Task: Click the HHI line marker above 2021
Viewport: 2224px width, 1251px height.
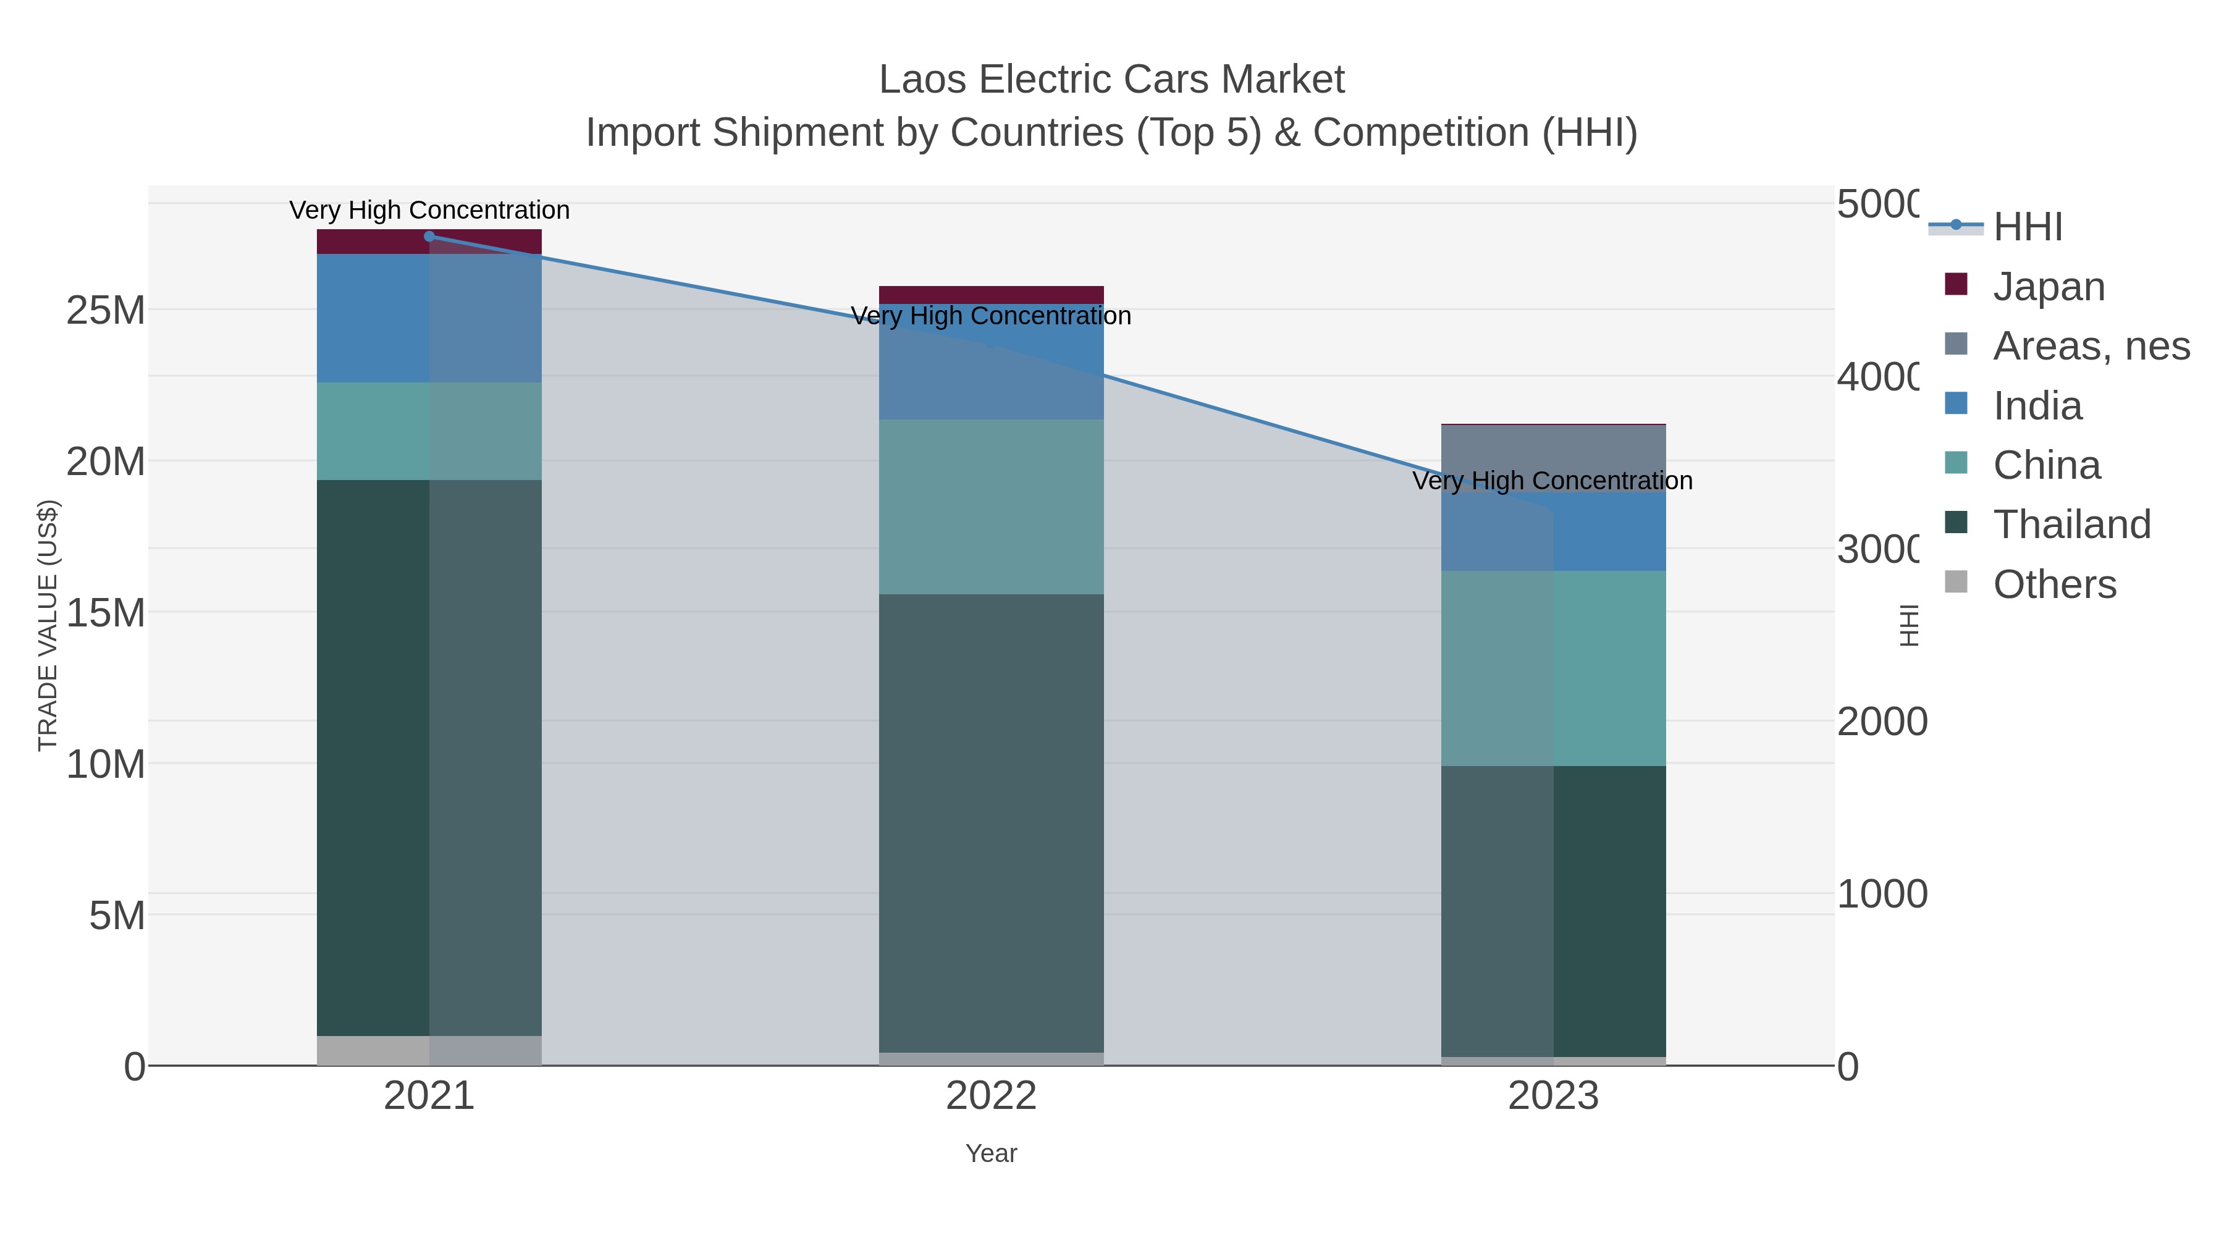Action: (x=429, y=237)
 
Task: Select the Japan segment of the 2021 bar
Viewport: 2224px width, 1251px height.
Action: (x=371, y=242)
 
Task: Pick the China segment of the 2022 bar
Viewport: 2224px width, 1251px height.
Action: (x=991, y=507)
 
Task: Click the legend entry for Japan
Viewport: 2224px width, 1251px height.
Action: (x=2048, y=287)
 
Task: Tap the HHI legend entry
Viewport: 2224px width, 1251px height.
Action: (x=2027, y=227)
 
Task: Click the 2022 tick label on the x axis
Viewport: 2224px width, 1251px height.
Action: (x=991, y=1097)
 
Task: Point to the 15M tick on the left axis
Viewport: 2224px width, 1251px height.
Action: (x=105, y=613)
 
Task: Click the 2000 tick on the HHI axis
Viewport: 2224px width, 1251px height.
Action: (x=1881, y=722)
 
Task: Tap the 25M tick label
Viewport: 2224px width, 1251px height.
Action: (x=105, y=311)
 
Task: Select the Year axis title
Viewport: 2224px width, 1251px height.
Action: (x=991, y=1153)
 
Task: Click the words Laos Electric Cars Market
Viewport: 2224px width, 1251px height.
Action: (x=1111, y=80)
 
